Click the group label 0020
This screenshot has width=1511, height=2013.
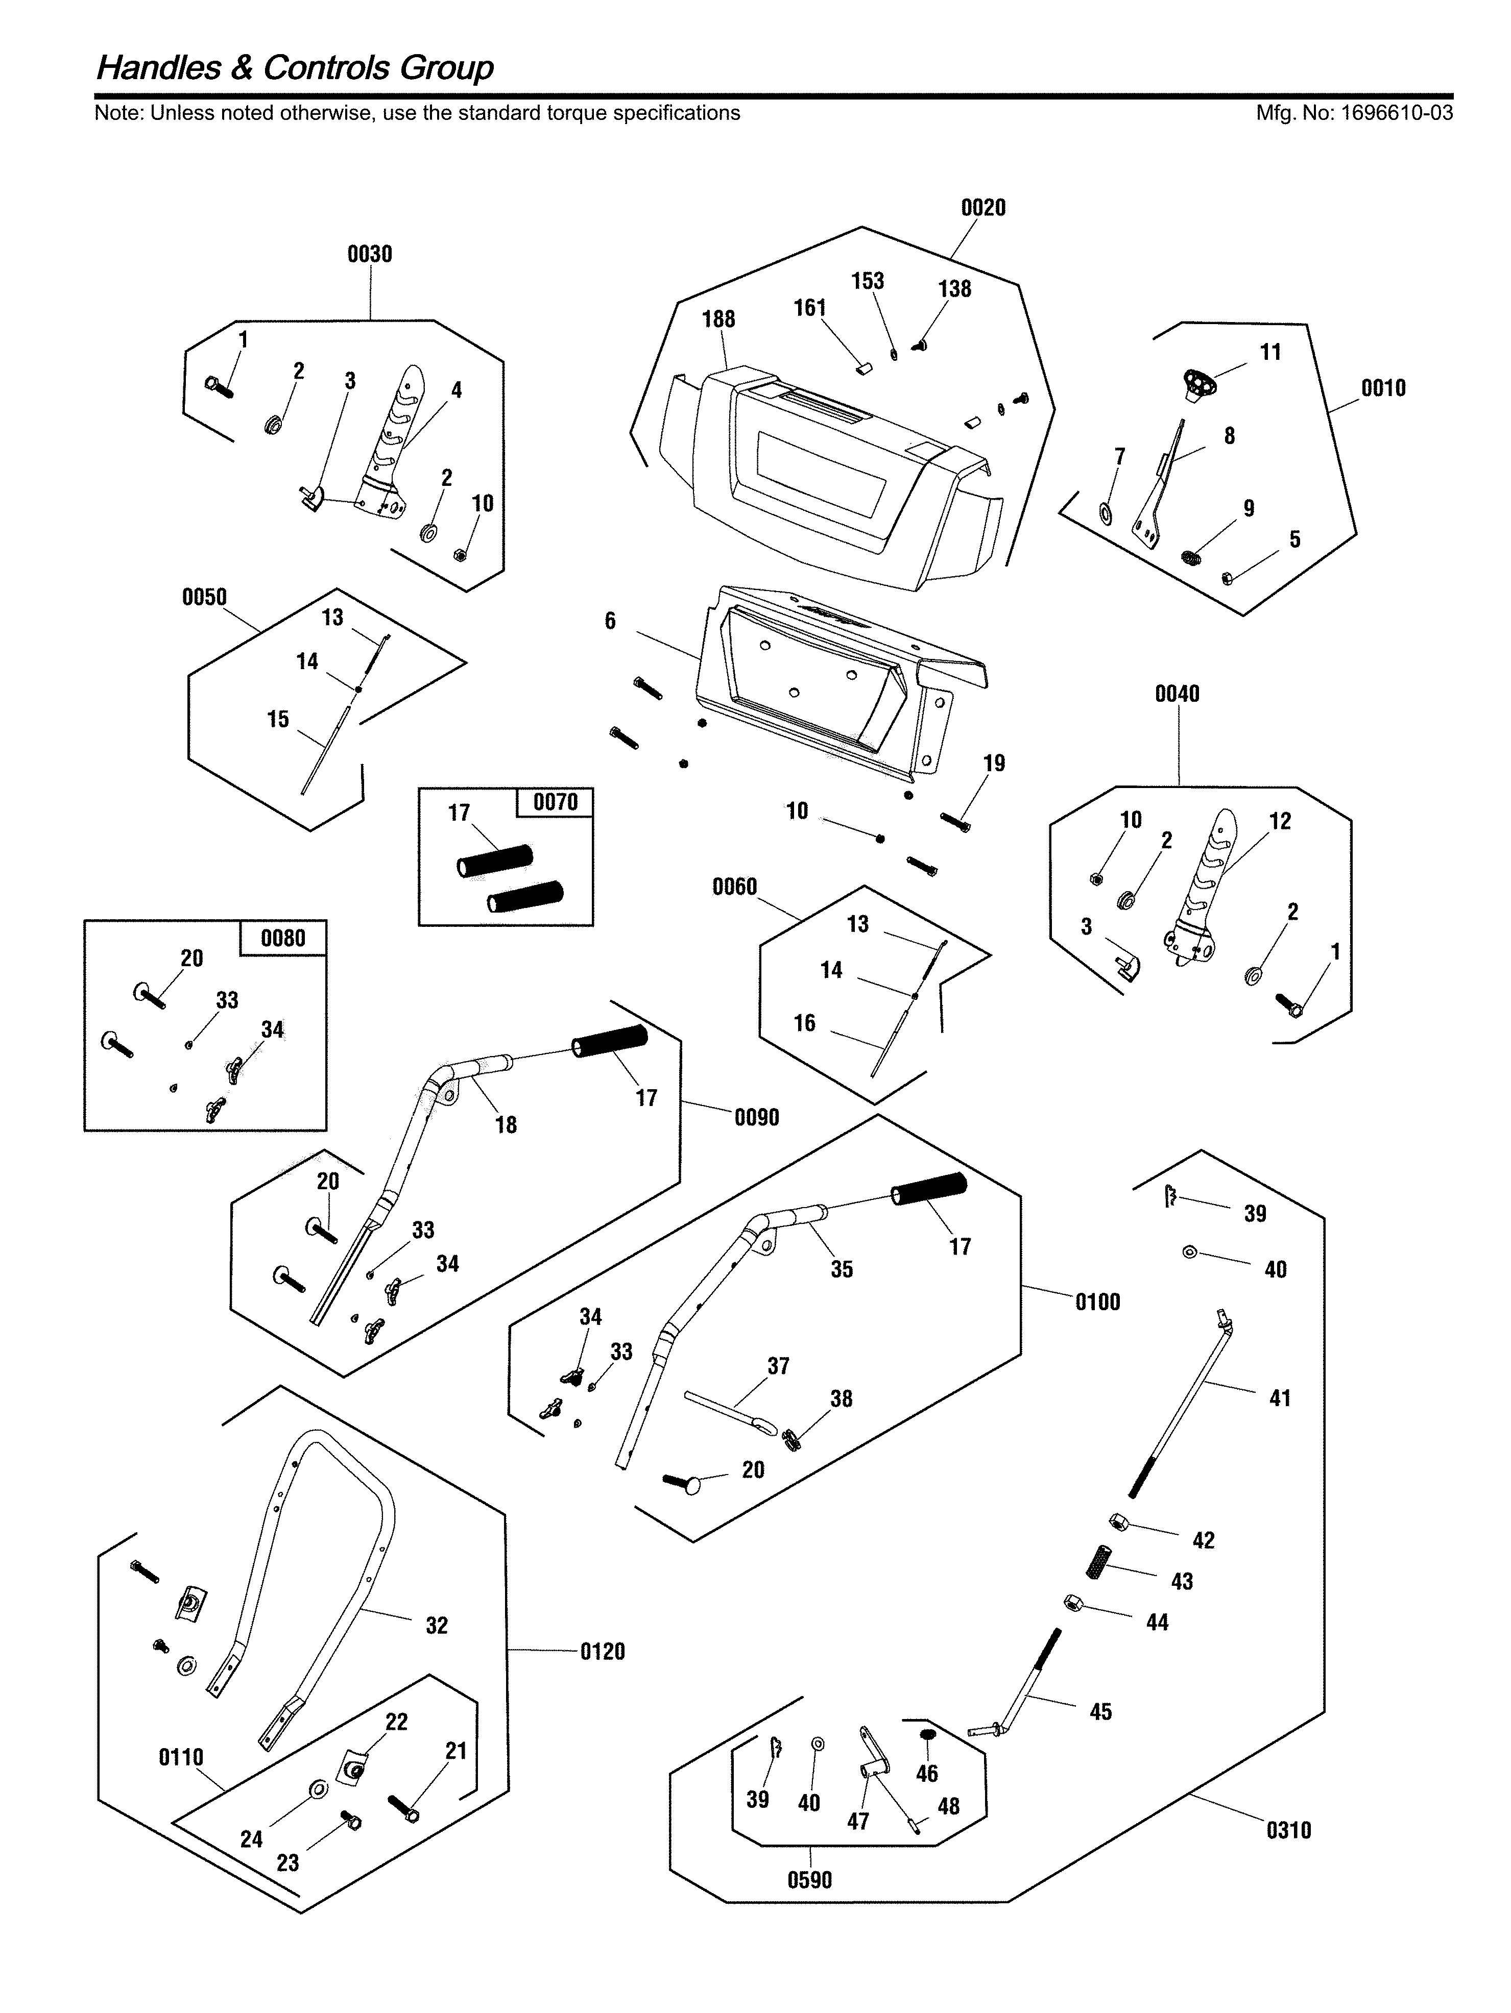tap(983, 208)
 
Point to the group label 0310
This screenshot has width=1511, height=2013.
tap(1288, 1830)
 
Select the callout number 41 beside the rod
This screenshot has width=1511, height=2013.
tap(1280, 1398)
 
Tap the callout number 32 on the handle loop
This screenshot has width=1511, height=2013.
tap(437, 1625)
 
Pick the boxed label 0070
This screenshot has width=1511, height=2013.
tap(555, 802)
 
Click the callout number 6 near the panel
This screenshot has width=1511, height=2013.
tap(610, 621)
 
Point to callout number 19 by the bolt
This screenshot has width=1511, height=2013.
tap(994, 764)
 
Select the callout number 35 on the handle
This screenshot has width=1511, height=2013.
tap(841, 1269)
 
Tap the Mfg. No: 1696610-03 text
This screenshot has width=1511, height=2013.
tap(1354, 113)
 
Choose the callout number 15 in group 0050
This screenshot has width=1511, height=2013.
tap(278, 719)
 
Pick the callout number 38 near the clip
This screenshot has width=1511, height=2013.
tap(841, 1398)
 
